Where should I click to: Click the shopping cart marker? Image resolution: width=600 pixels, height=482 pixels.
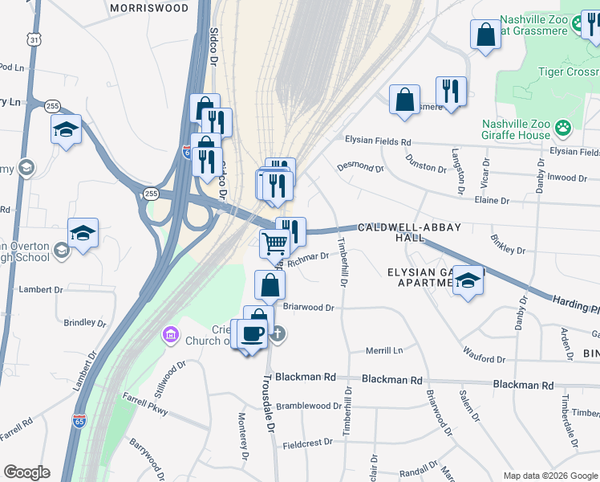(274, 242)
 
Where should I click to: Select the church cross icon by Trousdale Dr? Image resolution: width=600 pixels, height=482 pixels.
(277, 333)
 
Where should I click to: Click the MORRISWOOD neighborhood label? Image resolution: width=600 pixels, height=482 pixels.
(149, 8)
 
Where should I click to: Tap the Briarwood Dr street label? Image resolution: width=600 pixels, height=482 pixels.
(307, 307)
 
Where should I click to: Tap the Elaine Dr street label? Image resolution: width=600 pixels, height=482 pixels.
(493, 200)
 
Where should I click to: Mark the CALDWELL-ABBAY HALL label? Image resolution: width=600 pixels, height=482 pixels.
(409, 233)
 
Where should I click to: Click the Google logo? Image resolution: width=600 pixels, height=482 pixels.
(26, 472)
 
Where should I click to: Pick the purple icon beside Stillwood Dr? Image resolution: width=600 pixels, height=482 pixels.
(169, 333)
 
